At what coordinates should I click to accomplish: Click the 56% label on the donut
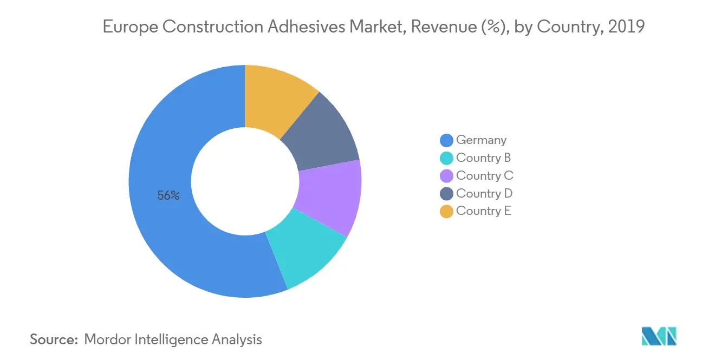pyautogui.click(x=168, y=196)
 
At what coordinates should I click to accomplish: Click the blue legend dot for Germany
pyautogui.click(x=446, y=140)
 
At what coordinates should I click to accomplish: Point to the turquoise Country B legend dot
pyautogui.click(x=446, y=158)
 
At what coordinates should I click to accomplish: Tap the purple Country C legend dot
pyautogui.click(x=446, y=176)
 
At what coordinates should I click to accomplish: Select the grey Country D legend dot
pyautogui.click(x=446, y=194)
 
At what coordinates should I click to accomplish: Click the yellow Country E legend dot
pyautogui.click(x=446, y=212)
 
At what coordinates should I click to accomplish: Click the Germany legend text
pyautogui.click(x=481, y=140)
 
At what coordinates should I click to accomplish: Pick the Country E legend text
pyautogui.click(x=484, y=211)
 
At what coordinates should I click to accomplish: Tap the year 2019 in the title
pyautogui.click(x=626, y=28)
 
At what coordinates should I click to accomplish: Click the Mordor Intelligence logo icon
pyautogui.click(x=659, y=336)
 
